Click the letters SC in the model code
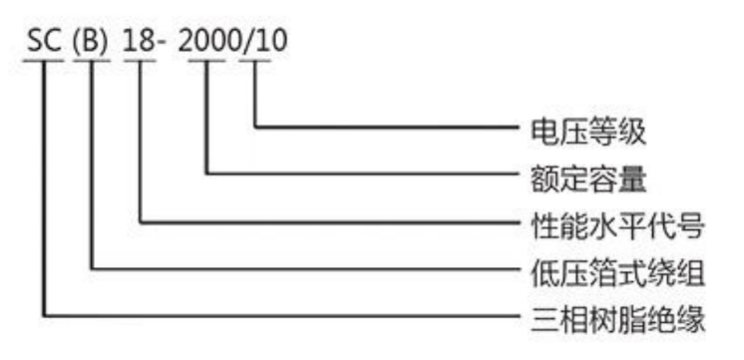pyautogui.click(x=45, y=42)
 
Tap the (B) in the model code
pyautogui.click(x=92, y=43)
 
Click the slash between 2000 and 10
pyautogui.click(x=247, y=43)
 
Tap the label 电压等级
pyautogui.click(x=588, y=133)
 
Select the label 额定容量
pyautogui.click(x=588, y=180)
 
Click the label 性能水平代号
pyautogui.click(x=617, y=225)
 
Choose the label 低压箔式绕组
pyautogui.click(x=617, y=273)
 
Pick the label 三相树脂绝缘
pyautogui.click(x=617, y=320)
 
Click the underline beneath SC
pyautogui.click(x=43, y=61)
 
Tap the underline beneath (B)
pyautogui.click(x=92, y=61)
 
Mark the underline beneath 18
pyautogui.click(x=140, y=61)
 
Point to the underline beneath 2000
pyautogui.click(x=206, y=61)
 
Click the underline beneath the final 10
pyautogui.click(x=254, y=61)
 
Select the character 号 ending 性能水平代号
pyautogui.click(x=690, y=225)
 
